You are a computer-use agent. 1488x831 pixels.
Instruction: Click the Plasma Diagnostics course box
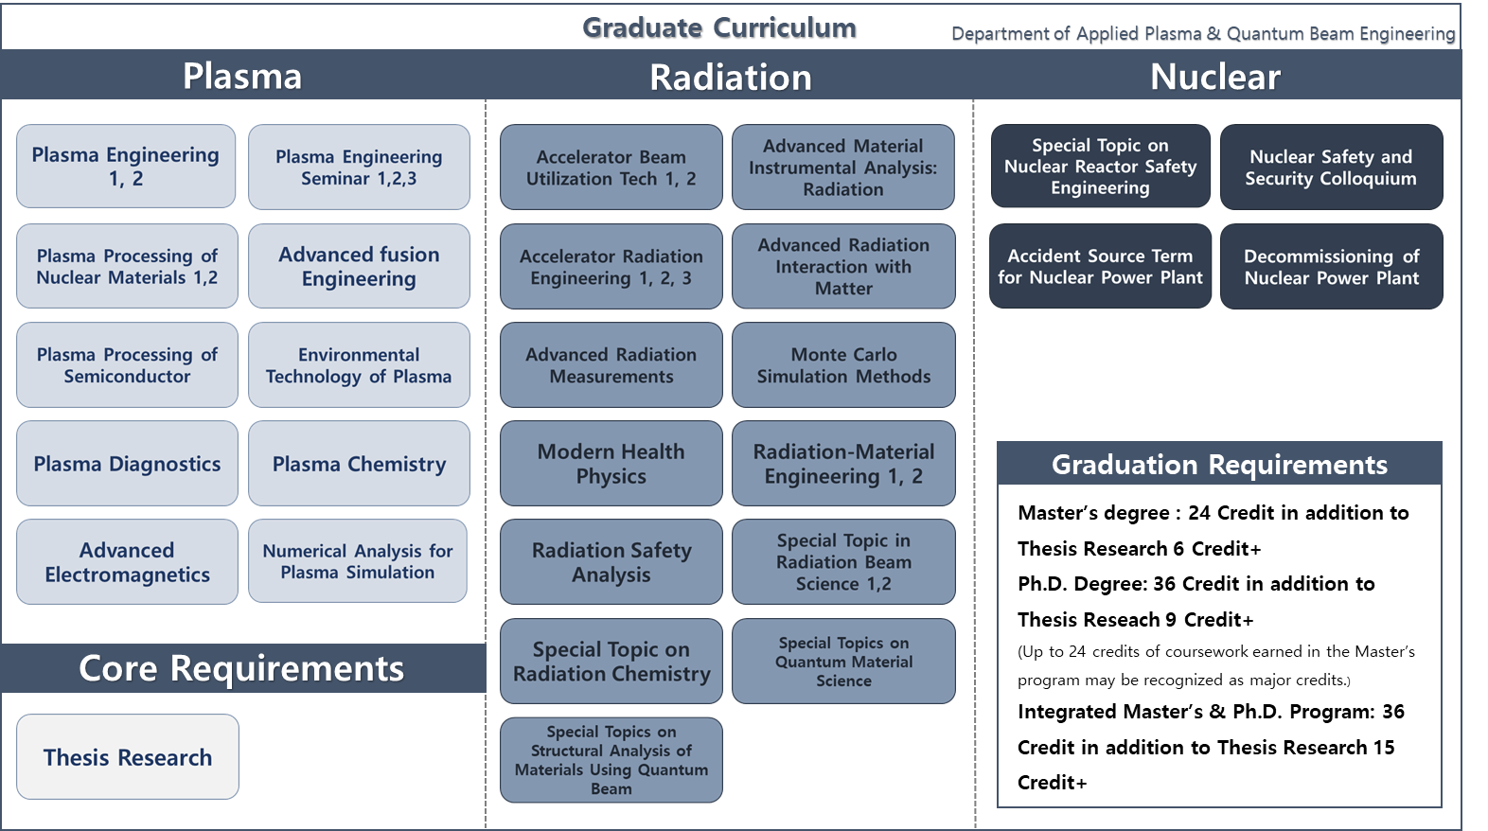[x=127, y=464]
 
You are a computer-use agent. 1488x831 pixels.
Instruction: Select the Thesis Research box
[x=128, y=757]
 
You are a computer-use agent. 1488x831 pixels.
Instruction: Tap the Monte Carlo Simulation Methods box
[x=843, y=365]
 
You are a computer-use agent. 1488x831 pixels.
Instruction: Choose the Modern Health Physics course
[x=611, y=464]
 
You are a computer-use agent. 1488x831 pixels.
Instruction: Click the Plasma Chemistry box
[x=359, y=464]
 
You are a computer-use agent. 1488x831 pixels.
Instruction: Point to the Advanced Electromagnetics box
[x=127, y=562]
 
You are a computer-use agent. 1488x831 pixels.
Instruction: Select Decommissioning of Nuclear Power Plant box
[x=1331, y=267]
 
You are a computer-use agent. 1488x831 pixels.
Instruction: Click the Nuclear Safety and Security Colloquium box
[x=1331, y=168]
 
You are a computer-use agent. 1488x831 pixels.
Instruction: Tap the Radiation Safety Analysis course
[x=611, y=562]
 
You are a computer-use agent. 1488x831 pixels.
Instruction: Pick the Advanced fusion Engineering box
[x=359, y=267]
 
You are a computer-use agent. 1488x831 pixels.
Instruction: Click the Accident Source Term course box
[x=1100, y=267]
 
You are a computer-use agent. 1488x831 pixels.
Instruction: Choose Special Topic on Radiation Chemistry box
[x=611, y=662]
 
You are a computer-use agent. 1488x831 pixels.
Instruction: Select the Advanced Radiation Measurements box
[x=611, y=365]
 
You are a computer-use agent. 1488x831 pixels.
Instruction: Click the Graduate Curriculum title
[x=718, y=27]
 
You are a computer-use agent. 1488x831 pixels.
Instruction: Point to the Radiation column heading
[x=730, y=77]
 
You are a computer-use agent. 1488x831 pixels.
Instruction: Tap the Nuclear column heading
[x=1214, y=77]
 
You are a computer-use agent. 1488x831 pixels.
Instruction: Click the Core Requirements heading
[x=241, y=668]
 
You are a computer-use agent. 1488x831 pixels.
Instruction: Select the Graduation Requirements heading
[x=1219, y=465]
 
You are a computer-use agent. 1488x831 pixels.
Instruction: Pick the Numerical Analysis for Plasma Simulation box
[x=358, y=561]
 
